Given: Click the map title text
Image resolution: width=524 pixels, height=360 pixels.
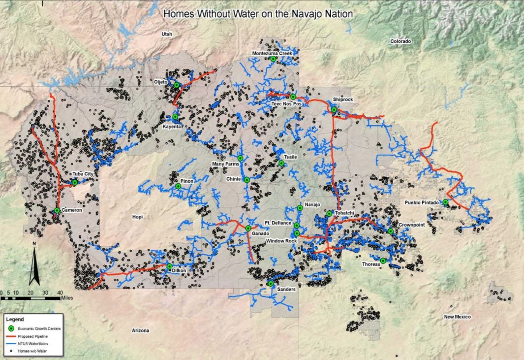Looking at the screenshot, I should click(258, 14).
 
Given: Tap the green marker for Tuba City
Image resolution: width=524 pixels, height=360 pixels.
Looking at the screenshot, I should click(75, 182).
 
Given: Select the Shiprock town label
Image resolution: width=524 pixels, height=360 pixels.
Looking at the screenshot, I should click(342, 99).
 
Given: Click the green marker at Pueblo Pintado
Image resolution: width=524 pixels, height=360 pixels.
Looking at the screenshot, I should click(445, 202).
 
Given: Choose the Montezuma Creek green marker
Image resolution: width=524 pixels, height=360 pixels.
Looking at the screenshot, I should click(273, 59).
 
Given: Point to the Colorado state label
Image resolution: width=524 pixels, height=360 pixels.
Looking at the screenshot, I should click(401, 41).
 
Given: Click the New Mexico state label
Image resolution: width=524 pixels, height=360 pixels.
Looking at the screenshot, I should click(457, 317).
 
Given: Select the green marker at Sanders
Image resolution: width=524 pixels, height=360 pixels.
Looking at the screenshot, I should click(271, 284).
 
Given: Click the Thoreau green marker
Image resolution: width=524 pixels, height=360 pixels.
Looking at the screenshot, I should click(383, 261).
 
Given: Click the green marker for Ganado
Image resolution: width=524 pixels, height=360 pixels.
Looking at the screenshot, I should click(248, 229).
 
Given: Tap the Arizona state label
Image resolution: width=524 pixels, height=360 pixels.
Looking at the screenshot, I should click(140, 330).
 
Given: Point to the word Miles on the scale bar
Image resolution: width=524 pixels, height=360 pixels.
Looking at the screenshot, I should click(67, 298).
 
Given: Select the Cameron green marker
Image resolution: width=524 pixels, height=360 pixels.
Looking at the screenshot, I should click(57, 210).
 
